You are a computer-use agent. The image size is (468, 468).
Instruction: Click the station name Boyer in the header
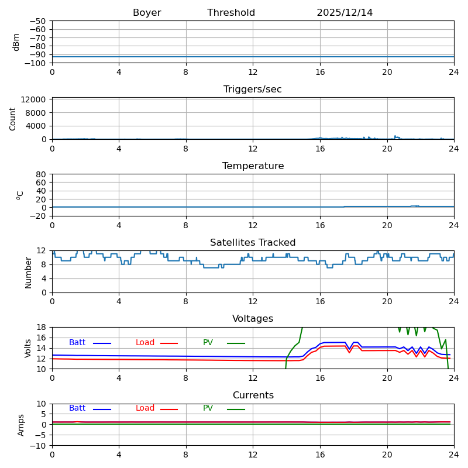(147, 13)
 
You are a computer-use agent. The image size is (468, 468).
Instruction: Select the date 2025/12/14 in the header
(345, 13)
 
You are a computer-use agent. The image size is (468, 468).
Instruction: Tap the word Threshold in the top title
(231, 13)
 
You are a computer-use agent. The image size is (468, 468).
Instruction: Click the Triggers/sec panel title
(253, 90)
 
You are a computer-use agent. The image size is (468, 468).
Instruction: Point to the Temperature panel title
(253, 166)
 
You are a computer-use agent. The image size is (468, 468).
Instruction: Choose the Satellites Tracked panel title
(253, 243)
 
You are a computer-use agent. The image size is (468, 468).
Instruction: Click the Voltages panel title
(253, 319)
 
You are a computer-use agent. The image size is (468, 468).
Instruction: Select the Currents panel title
(253, 395)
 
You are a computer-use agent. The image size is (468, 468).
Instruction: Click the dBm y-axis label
(16, 42)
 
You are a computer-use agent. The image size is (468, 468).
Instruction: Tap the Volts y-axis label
(28, 348)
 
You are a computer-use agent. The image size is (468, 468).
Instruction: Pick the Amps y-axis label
(21, 425)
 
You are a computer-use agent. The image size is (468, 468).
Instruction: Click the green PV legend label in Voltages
(208, 343)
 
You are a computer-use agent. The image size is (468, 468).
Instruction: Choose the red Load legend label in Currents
(145, 408)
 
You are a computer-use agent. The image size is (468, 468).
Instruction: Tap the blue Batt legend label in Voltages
(77, 343)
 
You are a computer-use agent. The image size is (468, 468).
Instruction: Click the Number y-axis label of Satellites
(28, 272)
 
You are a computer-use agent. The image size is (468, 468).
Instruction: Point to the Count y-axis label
(13, 119)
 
